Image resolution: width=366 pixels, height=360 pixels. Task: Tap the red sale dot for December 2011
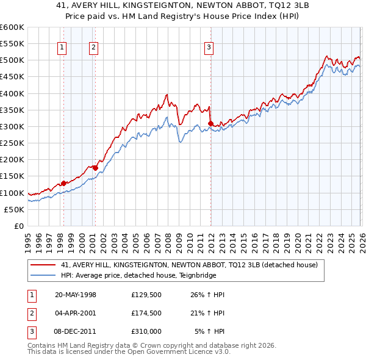click(x=210, y=124)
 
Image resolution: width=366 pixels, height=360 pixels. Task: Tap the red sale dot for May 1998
click(x=63, y=183)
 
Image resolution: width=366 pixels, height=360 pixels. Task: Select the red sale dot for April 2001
click(x=95, y=168)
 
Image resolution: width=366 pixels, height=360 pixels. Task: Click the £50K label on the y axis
click(x=15, y=209)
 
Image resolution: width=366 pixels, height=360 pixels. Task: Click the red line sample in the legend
click(x=43, y=265)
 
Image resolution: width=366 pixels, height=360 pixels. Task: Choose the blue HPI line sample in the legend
click(x=43, y=276)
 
